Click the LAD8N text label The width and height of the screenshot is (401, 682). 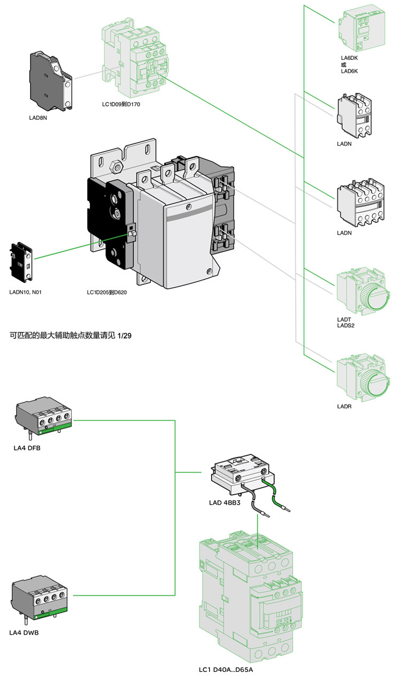[x=38, y=118]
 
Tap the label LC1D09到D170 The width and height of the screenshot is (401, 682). [x=121, y=104]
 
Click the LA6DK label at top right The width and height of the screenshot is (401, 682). [x=349, y=58]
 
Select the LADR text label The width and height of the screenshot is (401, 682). [x=344, y=407]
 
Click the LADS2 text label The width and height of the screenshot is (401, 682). [x=346, y=325]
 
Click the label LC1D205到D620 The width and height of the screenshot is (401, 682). [x=106, y=292]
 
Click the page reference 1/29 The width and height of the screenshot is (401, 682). [x=124, y=336]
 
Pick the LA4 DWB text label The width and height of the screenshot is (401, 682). [x=24, y=632]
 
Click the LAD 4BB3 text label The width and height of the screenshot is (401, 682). [x=224, y=503]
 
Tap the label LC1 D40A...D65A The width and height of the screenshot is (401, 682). [x=225, y=670]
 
